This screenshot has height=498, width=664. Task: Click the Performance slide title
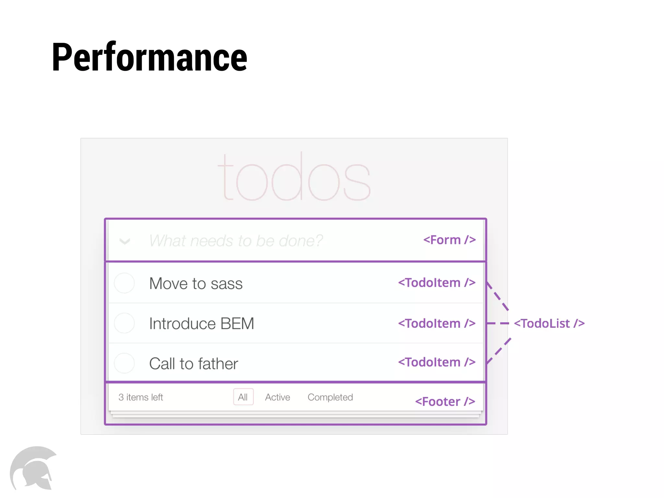149,58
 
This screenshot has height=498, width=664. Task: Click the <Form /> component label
449,240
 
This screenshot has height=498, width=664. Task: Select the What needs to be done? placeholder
236,241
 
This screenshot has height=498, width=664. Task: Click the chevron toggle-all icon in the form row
125,241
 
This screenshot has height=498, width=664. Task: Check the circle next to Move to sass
124,283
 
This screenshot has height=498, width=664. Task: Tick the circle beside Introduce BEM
124,323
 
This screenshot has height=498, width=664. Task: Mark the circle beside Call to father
124,363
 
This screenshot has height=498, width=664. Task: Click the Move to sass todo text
196,284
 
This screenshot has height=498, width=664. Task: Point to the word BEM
237,324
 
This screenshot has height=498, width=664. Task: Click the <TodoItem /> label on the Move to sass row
437,283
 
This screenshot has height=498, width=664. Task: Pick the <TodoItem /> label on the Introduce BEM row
437,323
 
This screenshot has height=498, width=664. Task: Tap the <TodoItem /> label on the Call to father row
437,362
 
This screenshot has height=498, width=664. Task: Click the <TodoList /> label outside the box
549,323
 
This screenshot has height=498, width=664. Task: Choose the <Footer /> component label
445,402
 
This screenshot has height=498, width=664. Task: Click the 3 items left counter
141,397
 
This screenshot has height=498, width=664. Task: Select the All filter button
243,397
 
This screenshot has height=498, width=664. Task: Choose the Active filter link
278,397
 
